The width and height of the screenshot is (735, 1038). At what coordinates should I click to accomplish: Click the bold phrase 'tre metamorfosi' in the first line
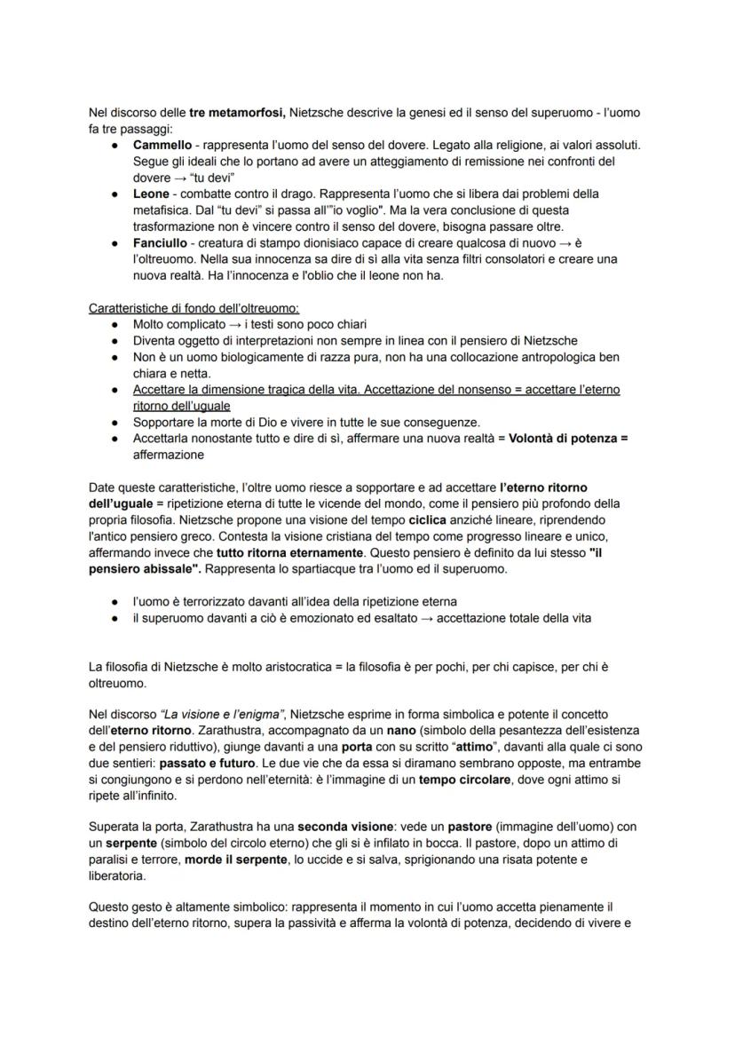point(233,114)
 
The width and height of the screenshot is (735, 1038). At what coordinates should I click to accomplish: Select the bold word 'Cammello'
point(162,145)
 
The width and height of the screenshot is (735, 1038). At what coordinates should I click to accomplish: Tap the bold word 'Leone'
point(151,194)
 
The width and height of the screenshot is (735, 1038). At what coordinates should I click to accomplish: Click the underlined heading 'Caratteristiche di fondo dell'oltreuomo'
point(194,308)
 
